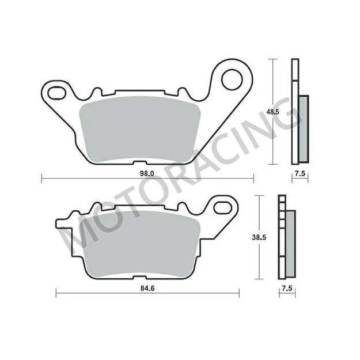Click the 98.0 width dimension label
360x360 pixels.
[x=148, y=172]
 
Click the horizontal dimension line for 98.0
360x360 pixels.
[x=86, y=179]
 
